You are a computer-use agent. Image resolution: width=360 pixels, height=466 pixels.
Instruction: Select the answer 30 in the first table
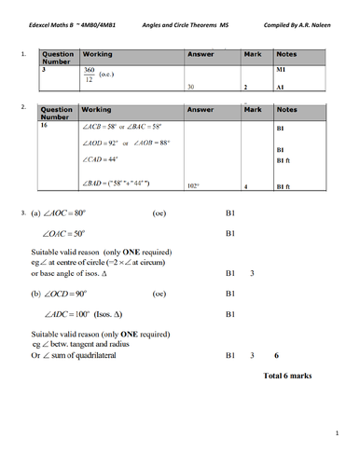click(x=190, y=87)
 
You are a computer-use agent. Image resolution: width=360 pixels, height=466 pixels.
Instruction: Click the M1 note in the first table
click(x=281, y=70)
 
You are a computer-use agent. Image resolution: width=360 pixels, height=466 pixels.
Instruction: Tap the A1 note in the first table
click(x=281, y=87)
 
